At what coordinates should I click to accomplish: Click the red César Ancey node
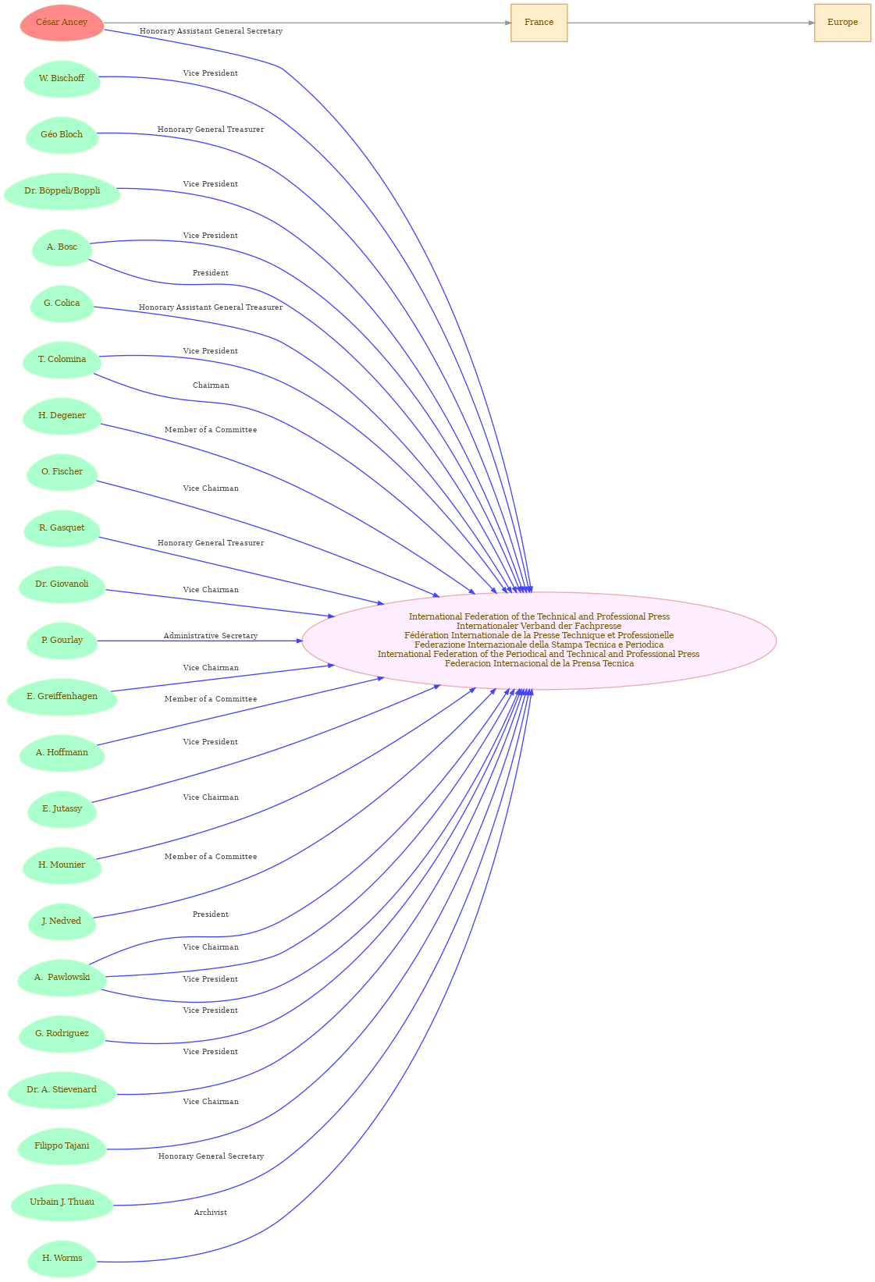(62, 23)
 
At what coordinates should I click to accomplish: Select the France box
(539, 23)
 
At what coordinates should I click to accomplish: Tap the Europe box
(842, 23)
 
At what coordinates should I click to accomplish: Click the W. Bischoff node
(62, 79)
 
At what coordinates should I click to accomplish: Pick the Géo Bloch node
(62, 135)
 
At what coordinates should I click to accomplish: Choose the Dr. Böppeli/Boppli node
(62, 191)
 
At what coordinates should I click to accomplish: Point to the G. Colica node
(62, 304)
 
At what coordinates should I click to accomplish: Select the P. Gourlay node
(62, 641)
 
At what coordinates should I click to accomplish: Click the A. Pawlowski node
(62, 978)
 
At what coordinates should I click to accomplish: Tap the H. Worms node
(62, 1259)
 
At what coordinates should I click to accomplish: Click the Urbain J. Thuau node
(62, 1202)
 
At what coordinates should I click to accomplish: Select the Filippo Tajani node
(62, 1146)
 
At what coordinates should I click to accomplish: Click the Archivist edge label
(211, 1213)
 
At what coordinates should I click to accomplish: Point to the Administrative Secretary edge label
(211, 636)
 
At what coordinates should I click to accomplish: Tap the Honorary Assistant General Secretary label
(211, 31)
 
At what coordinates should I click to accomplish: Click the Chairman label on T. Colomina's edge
(211, 385)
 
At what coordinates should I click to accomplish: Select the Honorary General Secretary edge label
(211, 1156)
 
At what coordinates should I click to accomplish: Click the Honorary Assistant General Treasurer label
(211, 308)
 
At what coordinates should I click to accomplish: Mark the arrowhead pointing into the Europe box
(812, 23)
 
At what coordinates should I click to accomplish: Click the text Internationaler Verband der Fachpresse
(539, 626)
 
